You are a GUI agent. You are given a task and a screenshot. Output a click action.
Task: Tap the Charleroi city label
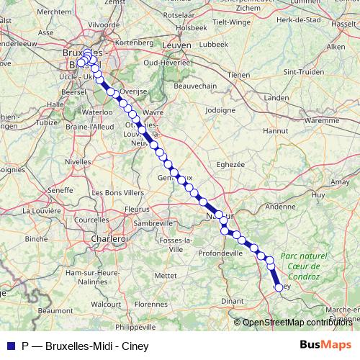click(109, 238)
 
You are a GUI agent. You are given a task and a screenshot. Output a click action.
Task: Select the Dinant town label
click(233, 300)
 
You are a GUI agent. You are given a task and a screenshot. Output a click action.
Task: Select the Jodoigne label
click(220, 110)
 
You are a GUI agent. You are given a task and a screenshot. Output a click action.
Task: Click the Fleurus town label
click(137, 209)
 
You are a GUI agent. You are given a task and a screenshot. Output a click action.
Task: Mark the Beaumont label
click(55, 310)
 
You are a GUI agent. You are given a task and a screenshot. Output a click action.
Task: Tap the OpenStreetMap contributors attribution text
click(297, 323)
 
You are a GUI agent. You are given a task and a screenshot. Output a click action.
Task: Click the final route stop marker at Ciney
click(279, 287)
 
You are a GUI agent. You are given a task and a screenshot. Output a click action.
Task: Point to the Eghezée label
click(230, 164)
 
